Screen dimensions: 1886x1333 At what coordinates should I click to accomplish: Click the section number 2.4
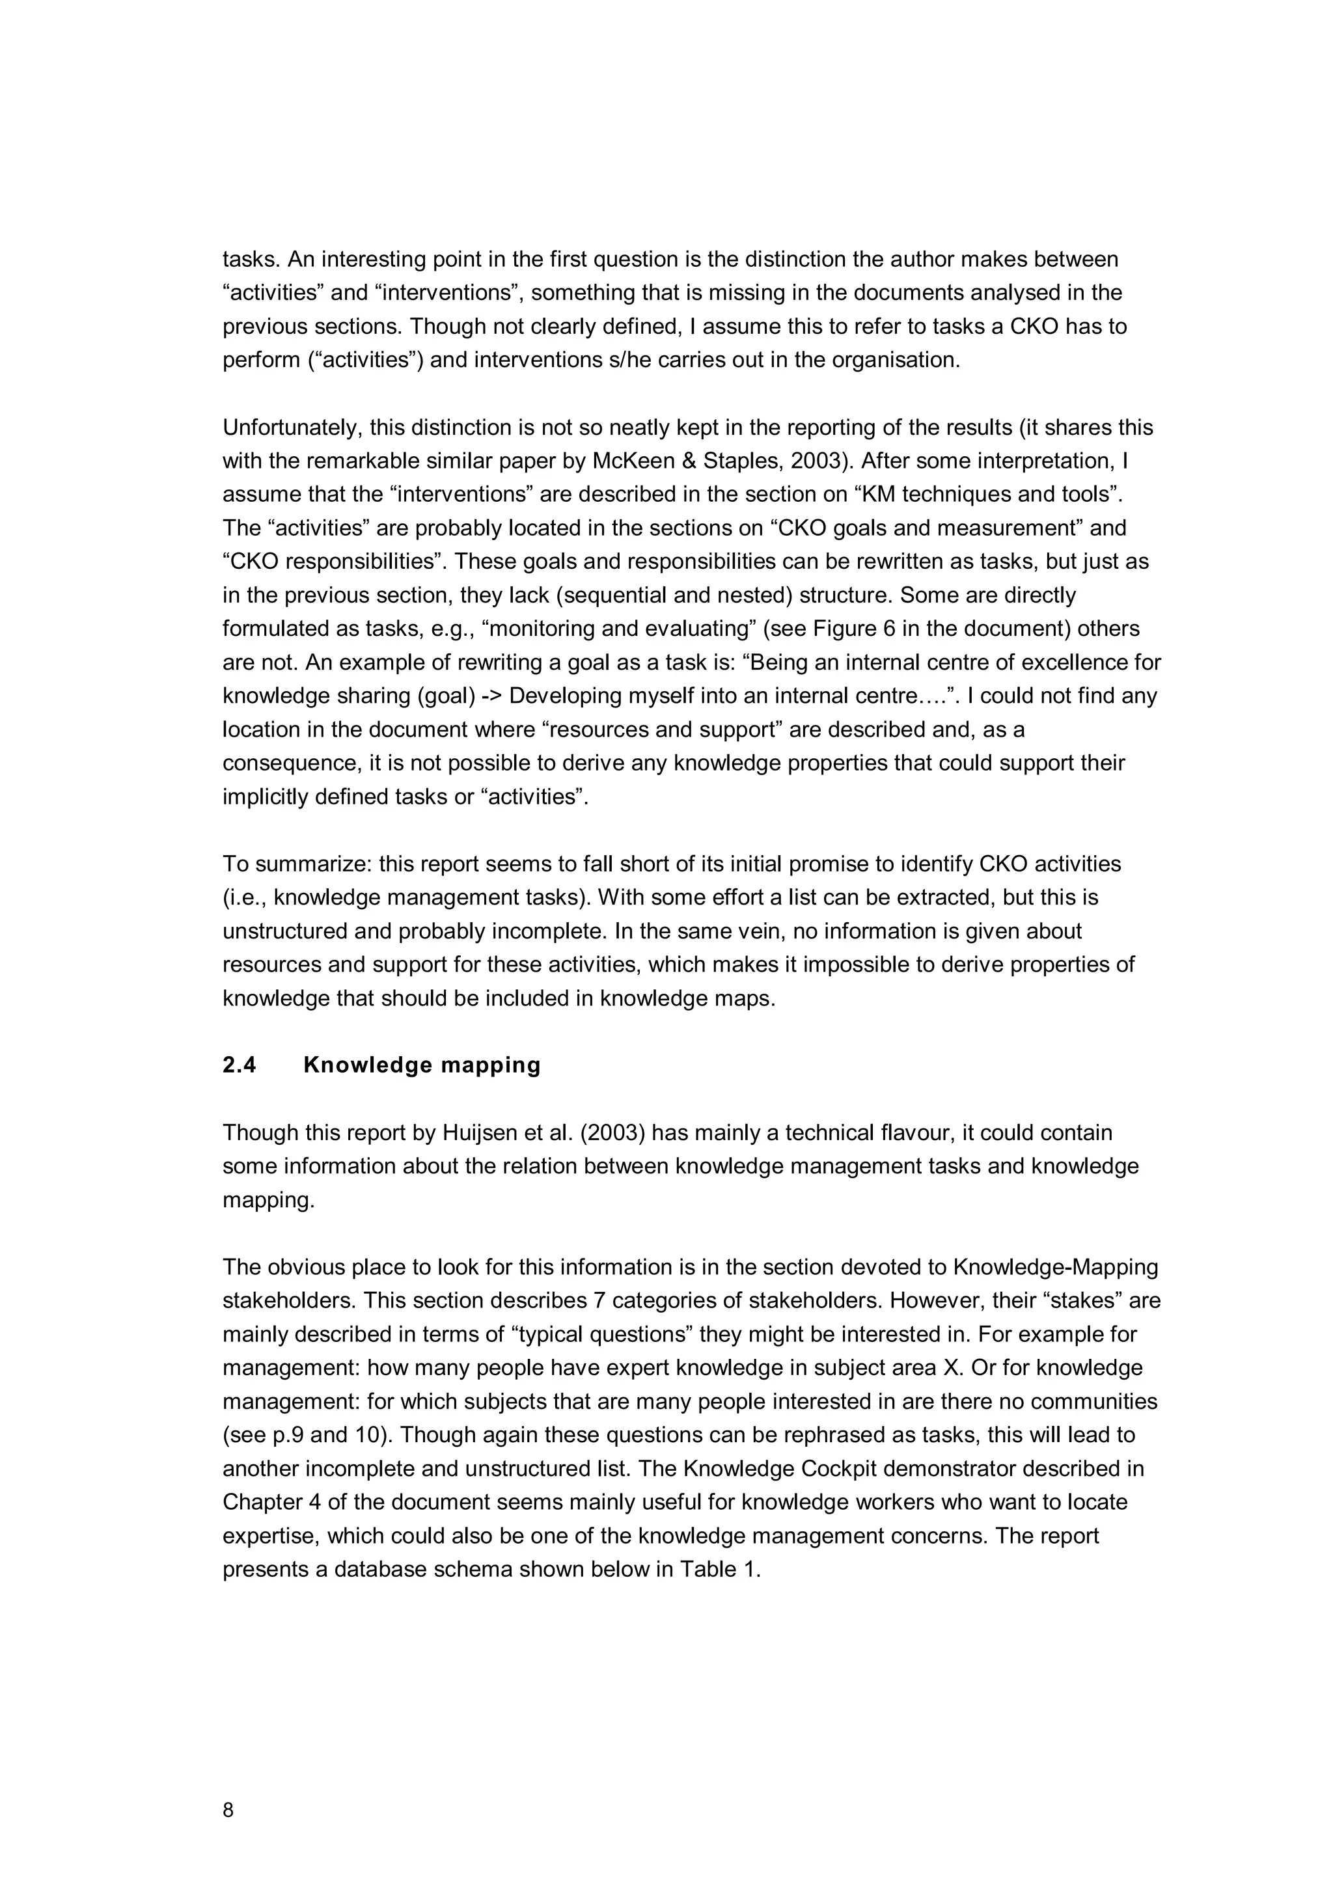(239, 1065)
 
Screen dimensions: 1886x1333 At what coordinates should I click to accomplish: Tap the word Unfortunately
(292, 428)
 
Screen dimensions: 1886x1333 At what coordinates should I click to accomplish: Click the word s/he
(624, 361)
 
